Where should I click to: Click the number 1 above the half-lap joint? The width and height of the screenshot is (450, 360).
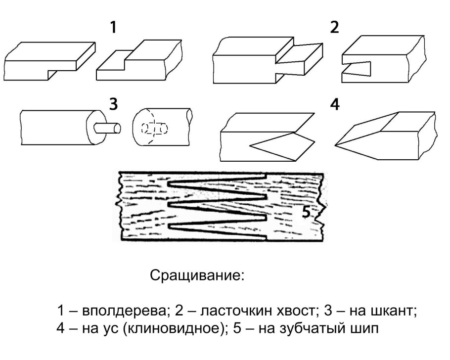[113, 28]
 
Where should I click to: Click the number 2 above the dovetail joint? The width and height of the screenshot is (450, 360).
[335, 28]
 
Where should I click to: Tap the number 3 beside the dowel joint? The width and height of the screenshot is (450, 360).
[113, 105]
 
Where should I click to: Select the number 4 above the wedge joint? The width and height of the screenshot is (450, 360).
[335, 105]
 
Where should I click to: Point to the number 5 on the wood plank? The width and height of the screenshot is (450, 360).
[306, 213]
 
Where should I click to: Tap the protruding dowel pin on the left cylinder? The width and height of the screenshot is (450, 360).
[109, 128]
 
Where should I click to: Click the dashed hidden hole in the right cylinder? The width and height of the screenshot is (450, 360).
[154, 129]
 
